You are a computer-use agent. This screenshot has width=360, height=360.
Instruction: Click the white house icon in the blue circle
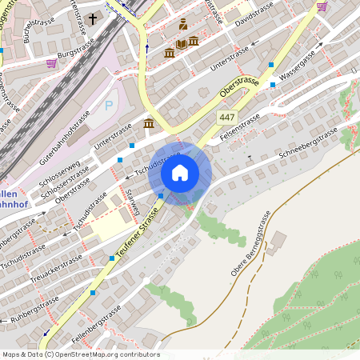point(180,172)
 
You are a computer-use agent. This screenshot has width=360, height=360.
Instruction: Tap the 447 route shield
point(227,118)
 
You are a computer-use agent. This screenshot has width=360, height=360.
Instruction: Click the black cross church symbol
point(93,18)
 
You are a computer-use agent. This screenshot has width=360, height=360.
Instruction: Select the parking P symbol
point(109,105)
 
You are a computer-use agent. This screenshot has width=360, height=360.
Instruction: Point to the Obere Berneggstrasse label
point(252,242)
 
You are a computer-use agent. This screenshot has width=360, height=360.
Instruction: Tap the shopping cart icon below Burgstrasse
point(52,62)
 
